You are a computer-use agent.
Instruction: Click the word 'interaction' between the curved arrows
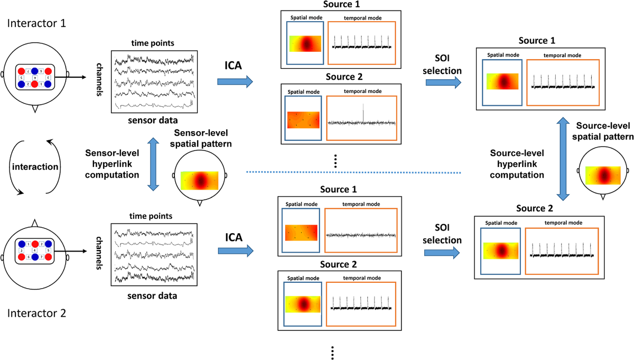tap(35, 166)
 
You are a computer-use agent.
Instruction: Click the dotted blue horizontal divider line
tap(354, 172)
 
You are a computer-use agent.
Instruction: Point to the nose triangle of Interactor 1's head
tap(35, 109)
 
